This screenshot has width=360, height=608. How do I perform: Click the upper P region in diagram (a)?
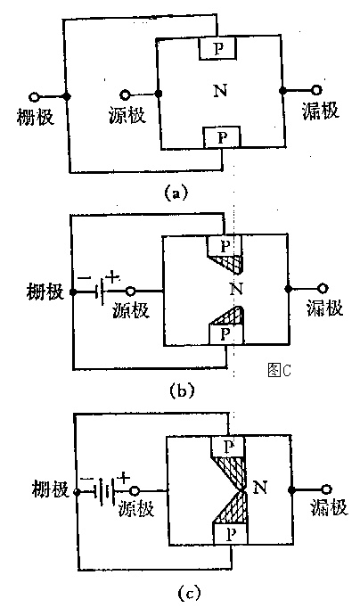[217, 48]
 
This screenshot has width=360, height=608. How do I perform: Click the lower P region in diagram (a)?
[222, 137]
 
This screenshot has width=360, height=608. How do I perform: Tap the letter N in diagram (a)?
[220, 91]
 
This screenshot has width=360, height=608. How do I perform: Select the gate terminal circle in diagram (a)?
[34, 96]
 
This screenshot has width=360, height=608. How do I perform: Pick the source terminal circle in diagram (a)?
[125, 94]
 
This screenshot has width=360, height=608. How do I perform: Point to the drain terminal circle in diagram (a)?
[317, 90]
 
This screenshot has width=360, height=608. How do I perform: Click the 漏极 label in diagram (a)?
[320, 111]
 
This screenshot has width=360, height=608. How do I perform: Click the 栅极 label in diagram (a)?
[35, 116]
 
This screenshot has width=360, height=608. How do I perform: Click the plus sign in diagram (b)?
[113, 277]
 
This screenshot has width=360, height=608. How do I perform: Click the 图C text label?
[279, 370]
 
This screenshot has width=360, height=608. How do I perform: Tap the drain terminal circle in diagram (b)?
[323, 289]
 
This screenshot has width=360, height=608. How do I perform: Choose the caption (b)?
[182, 390]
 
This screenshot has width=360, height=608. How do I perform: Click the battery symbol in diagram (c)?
[104, 492]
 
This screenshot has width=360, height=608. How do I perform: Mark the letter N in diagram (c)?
[260, 486]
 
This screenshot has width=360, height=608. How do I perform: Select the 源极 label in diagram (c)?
[136, 508]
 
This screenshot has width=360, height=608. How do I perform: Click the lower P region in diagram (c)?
[230, 534]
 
